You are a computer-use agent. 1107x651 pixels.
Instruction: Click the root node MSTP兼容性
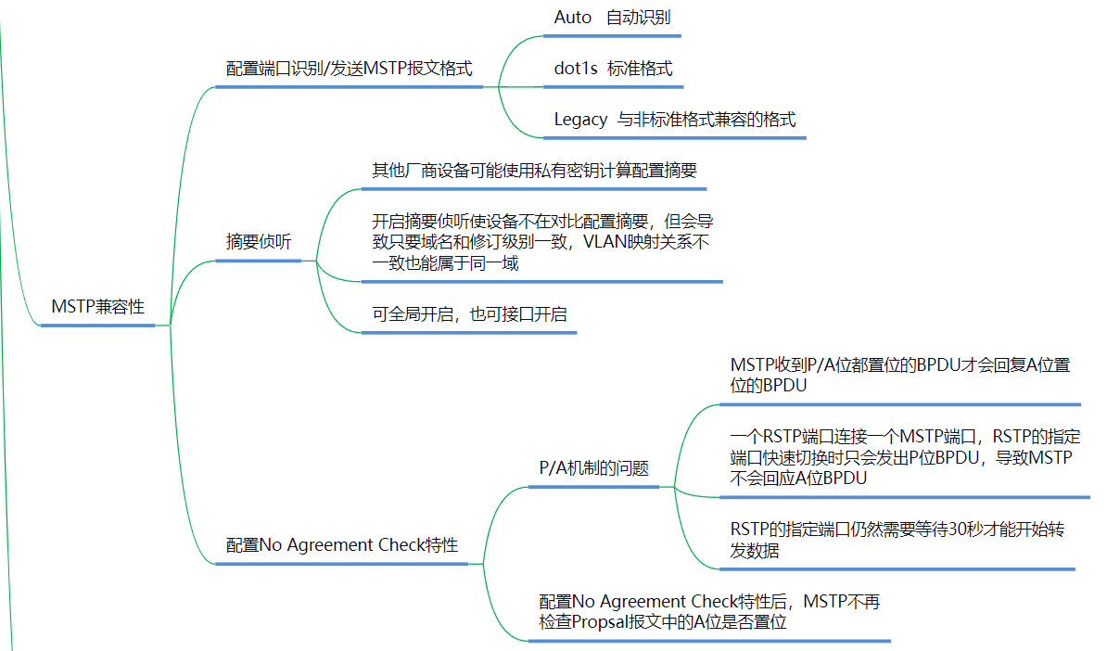point(98,307)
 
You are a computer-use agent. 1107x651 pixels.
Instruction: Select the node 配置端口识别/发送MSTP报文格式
point(350,69)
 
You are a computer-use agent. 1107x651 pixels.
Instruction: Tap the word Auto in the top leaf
point(572,18)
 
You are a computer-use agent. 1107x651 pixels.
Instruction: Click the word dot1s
point(576,69)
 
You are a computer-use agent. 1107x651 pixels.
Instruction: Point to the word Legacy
point(580,120)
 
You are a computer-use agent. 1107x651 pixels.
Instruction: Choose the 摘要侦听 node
point(259,242)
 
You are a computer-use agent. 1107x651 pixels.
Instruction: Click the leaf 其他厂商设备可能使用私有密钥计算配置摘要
point(534,171)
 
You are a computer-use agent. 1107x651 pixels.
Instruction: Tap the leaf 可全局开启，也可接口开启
point(469,314)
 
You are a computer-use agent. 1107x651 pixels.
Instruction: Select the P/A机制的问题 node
point(594,468)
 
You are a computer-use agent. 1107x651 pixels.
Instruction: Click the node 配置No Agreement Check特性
point(342,544)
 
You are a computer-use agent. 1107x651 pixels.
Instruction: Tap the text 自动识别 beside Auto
point(639,18)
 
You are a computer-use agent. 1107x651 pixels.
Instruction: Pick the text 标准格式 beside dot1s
point(640,69)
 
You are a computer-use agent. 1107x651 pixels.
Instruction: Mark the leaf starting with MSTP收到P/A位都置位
point(899,375)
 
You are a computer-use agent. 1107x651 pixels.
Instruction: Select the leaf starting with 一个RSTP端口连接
point(900,457)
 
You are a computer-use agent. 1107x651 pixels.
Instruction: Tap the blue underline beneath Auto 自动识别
point(612,36)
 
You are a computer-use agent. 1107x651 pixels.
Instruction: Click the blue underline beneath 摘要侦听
point(259,261)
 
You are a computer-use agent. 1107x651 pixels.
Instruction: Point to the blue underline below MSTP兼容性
point(98,325)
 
